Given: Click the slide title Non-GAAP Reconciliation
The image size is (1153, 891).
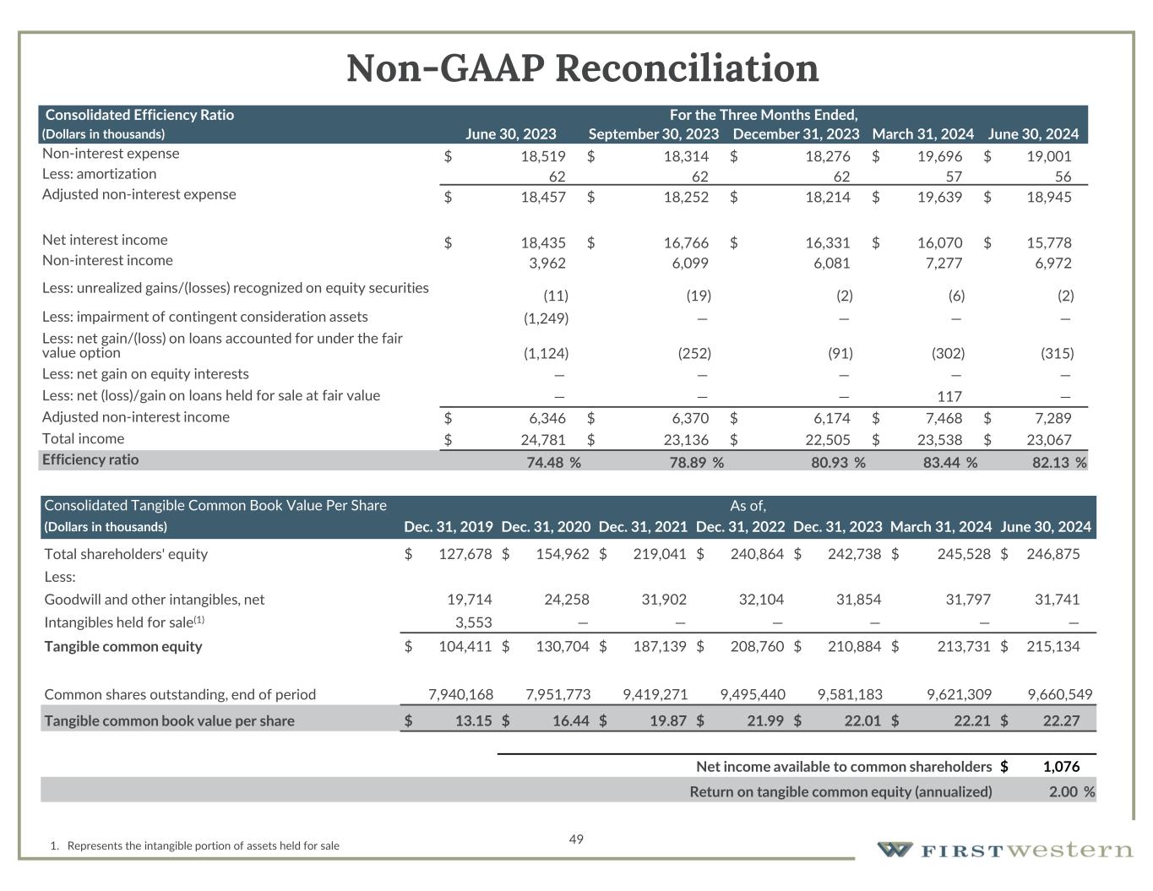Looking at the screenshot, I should (582, 68).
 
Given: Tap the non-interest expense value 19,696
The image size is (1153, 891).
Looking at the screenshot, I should (939, 156).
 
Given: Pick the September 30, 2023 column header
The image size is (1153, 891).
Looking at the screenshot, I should (653, 134).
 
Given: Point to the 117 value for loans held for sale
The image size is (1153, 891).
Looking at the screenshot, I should (949, 396).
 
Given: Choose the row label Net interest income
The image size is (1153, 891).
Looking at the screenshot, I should (105, 240).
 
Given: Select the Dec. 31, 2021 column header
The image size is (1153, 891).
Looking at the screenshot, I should (642, 527).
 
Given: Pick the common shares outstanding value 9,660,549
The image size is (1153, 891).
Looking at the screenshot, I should (1059, 695).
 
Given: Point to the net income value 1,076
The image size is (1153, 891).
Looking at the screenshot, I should (1061, 767).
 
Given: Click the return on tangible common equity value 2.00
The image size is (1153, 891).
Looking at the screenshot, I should (1063, 792).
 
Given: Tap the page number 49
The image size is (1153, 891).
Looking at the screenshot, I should (576, 839).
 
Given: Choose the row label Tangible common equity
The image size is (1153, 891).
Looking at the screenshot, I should (123, 647).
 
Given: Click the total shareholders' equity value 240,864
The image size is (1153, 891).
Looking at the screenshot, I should (757, 554).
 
